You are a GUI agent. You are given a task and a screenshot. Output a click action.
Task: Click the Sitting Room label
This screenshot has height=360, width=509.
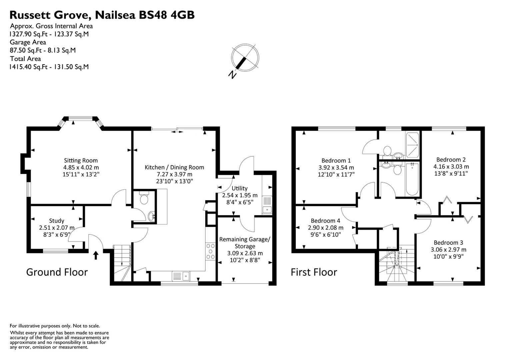(x=81, y=160)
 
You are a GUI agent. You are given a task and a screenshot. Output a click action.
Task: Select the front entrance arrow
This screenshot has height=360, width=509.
(x=96, y=255)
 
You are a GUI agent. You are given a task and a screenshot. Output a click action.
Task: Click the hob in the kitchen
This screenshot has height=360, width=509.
(x=211, y=251)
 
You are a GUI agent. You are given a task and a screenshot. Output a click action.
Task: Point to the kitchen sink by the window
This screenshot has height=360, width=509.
(x=181, y=276)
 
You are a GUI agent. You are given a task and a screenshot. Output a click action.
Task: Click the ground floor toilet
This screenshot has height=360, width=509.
(x=144, y=199)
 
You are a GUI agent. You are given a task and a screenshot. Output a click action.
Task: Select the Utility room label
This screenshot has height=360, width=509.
(x=239, y=188)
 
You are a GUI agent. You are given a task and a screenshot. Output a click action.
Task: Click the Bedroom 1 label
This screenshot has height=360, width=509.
(x=336, y=160)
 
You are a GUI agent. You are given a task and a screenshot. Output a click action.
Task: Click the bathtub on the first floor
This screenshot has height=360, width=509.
(x=413, y=180)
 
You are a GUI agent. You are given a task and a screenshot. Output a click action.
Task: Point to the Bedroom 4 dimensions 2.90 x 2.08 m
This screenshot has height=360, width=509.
(x=325, y=228)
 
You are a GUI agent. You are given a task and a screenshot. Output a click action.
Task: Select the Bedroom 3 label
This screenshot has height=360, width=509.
(x=448, y=242)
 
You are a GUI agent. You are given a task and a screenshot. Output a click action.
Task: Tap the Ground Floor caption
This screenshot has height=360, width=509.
(x=57, y=272)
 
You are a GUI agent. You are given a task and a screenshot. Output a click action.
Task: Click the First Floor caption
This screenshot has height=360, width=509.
(x=314, y=272)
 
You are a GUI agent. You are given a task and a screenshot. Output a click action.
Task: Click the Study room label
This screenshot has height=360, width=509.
(x=57, y=221)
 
